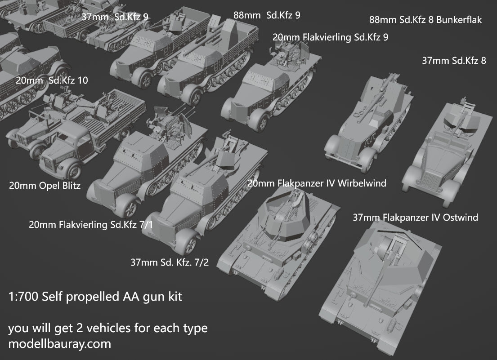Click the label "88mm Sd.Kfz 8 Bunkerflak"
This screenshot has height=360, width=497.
(425, 20)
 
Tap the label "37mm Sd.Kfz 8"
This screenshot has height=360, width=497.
(454, 60)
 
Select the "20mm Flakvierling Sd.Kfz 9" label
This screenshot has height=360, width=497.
(330, 37)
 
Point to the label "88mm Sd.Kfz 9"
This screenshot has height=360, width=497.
(267, 15)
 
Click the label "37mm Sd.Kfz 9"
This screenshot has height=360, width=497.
(115, 17)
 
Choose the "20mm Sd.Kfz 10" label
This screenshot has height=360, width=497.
(52, 80)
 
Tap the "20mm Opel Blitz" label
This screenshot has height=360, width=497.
(45, 185)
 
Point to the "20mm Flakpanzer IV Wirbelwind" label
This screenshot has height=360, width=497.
(317, 183)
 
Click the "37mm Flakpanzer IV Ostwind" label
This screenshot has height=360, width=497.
(415, 218)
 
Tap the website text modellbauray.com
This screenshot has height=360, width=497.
(59, 344)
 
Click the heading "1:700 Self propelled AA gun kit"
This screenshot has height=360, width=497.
(95, 297)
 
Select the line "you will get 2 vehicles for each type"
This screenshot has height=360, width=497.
(108, 328)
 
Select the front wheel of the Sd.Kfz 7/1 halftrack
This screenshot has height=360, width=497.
(129, 208)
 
